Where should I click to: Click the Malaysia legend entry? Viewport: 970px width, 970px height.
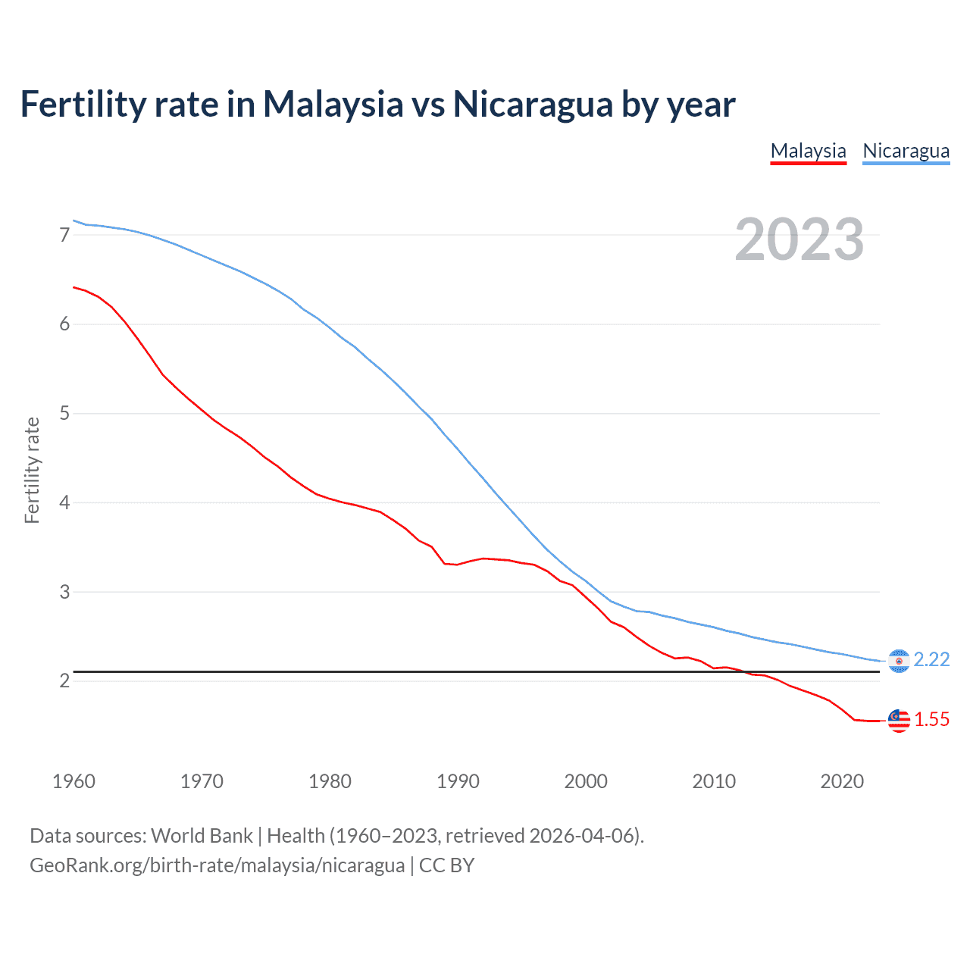tap(808, 151)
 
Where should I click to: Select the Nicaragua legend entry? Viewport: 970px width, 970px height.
tap(906, 151)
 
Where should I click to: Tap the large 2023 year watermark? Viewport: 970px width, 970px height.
tap(799, 239)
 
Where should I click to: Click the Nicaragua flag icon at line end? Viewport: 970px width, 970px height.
tap(898, 661)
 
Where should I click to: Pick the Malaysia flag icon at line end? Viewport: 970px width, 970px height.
tap(898, 720)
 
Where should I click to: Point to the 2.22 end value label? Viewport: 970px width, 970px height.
tap(931, 660)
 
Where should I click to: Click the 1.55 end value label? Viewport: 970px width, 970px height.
tap(931, 720)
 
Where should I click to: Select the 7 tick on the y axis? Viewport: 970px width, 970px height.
tap(64, 235)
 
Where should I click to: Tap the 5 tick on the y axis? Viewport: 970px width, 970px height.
tap(64, 414)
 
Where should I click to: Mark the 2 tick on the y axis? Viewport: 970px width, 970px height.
tap(64, 681)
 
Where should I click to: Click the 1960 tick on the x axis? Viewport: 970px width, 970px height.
tap(74, 781)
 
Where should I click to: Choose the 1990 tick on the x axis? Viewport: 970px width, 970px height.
tap(458, 781)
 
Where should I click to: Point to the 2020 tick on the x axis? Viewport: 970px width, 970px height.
tap(842, 781)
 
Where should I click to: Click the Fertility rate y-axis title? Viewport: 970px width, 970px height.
tap(32, 470)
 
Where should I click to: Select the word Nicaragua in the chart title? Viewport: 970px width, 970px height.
tap(533, 105)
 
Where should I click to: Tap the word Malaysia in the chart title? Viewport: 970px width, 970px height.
tap(333, 105)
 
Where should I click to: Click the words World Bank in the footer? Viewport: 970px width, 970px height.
tap(202, 836)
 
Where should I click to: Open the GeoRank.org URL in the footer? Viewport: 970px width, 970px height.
tap(217, 865)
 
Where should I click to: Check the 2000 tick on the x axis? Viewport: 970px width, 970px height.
tap(586, 781)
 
